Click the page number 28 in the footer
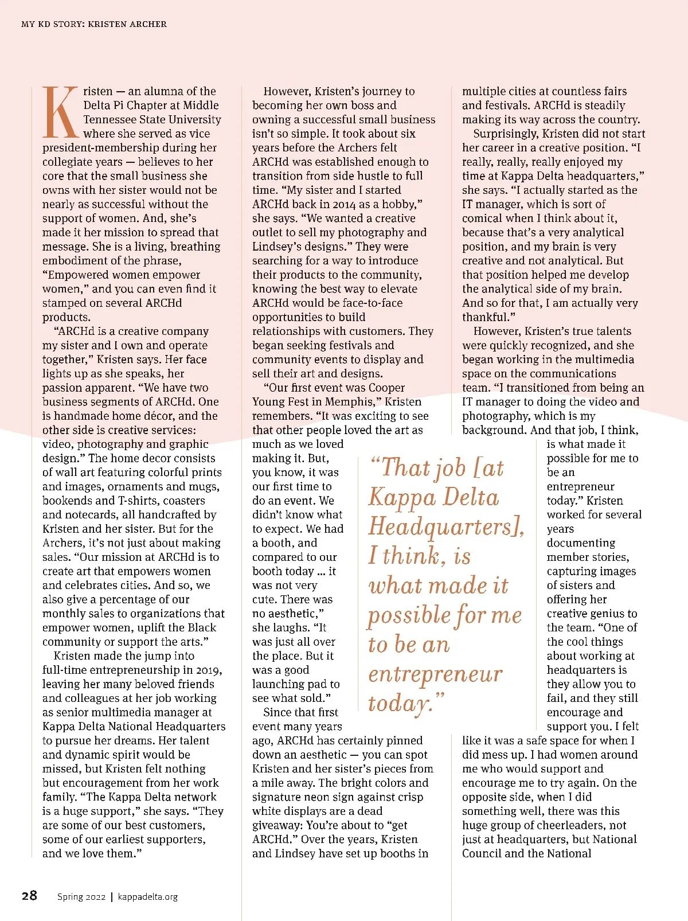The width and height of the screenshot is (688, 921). pyautogui.click(x=29, y=896)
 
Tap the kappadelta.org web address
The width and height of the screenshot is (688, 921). pyautogui.click(x=148, y=897)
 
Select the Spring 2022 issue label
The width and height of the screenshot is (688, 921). pyautogui.click(x=81, y=897)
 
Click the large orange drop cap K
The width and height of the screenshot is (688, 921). pyautogui.click(x=60, y=112)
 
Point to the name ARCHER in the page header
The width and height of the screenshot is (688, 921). pyautogui.click(x=148, y=24)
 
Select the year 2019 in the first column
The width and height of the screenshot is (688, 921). pyautogui.click(x=209, y=670)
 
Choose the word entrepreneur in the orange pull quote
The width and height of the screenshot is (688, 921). pyautogui.click(x=435, y=674)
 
